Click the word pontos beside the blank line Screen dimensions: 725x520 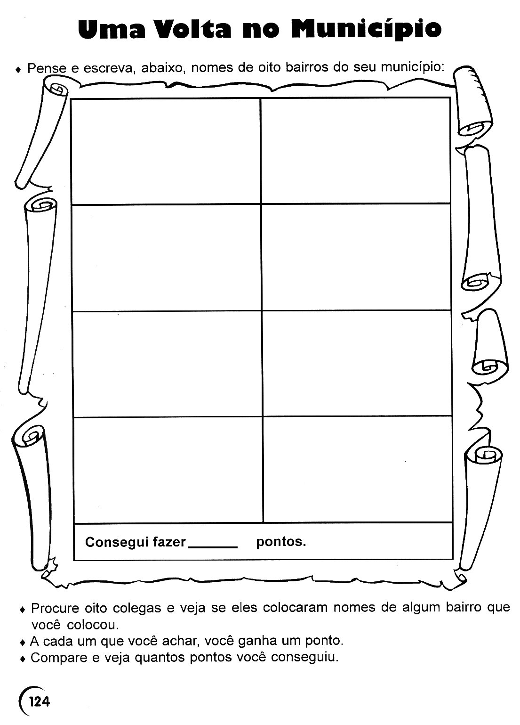point(281,542)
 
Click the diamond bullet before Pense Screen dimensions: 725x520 point(18,70)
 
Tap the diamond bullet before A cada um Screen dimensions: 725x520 point(22,642)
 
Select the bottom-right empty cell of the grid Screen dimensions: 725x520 point(357,470)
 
